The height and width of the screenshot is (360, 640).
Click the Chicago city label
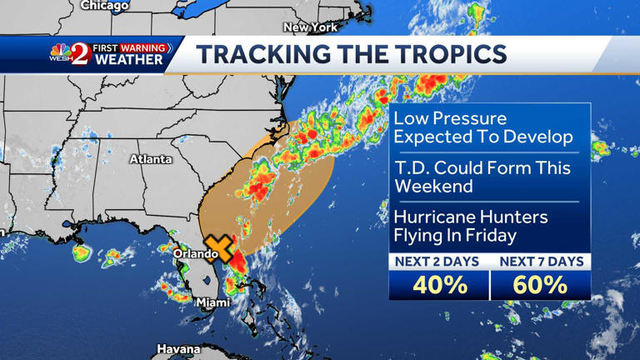(x=105, y=6)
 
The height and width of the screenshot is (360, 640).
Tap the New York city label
(x=310, y=27)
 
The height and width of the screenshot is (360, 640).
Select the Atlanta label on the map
(x=151, y=159)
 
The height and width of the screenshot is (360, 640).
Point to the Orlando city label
(x=195, y=253)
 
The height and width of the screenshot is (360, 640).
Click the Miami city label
(x=212, y=302)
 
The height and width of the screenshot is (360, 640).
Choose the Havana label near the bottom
(x=178, y=349)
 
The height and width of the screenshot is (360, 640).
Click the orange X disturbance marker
(x=219, y=247)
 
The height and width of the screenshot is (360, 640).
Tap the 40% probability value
(x=439, y=285)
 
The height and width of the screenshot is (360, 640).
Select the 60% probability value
(x=540, y=285)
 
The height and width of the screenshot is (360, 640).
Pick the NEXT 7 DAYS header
(x=540, y=262)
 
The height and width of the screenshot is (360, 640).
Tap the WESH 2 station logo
(x=71, y=54)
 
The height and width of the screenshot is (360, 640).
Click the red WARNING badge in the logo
(x=142, y=48)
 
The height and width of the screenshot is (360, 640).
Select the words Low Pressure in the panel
(x=450, y=118)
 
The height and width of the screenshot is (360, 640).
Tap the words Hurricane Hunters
(x=471, y=217)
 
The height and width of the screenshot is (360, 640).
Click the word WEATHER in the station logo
(x=128, y=61)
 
